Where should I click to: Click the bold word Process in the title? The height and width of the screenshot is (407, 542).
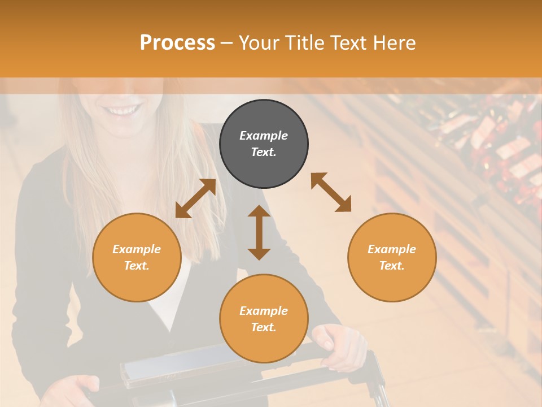(177, 43)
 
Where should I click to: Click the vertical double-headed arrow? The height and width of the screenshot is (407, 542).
(259, 232)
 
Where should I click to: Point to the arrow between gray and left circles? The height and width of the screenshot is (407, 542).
(195, 198)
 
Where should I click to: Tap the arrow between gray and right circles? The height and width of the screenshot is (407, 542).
(331, 192)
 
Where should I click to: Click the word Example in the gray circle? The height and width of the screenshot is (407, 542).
(264, 136)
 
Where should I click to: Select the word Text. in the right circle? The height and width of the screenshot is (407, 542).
(392, 266)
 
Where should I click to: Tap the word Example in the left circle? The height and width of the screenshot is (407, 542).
(137, 249)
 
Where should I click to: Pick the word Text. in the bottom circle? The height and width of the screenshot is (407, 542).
(264, 327)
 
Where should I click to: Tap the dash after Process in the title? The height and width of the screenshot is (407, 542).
(227, 43)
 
